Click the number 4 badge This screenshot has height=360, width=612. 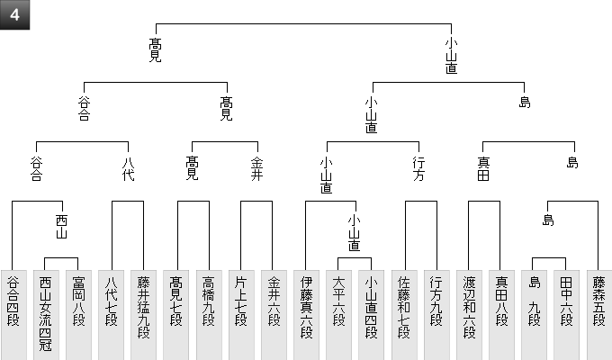tap(14, 14)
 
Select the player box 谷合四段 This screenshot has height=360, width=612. tap(13, 315)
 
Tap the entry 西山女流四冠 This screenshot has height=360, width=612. tap(46, 315)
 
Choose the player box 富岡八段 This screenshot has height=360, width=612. tap(78, 315)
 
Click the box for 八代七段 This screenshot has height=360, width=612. tap(112, 315)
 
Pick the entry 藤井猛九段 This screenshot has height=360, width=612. tap(144, 315)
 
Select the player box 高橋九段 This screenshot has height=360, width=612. tap(209, 315)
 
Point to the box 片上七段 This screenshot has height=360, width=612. tap(241, 315)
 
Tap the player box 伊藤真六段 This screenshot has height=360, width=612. tap(306, 315)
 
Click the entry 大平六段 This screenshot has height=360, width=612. tap(338, 315)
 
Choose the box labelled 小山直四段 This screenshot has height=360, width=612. tap(372, 315)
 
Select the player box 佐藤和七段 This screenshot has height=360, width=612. tap(404, 315)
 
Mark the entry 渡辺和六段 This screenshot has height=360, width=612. tap(469, 315)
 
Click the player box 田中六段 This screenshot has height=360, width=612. tap(567, 315)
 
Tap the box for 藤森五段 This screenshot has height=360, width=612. tap(599, 315)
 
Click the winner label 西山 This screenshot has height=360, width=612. tap(62, 227)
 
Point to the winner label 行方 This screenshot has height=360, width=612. tap(418, 168)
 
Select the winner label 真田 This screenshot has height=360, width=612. tap(483, 168)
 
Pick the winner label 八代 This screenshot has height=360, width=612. tap(128, 168)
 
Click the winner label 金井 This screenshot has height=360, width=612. tap(256, 168)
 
